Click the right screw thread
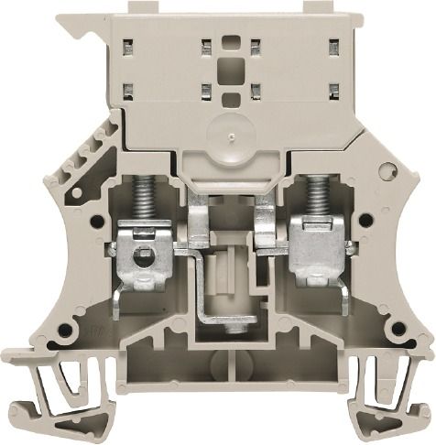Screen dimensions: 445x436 point(317,201)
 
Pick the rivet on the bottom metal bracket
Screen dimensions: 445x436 point(236,323)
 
